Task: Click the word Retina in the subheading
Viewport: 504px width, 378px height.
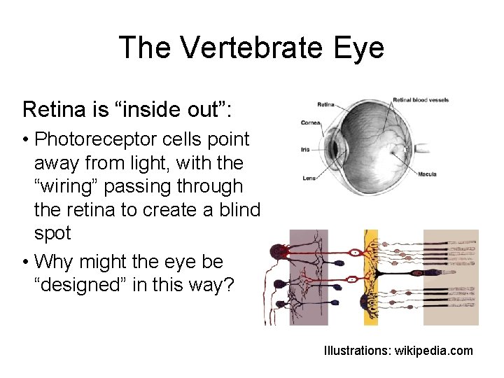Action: pyautogui.click(x=52, y=109)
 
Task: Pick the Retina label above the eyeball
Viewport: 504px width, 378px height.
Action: pyautogui.click(x=325, y=106)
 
